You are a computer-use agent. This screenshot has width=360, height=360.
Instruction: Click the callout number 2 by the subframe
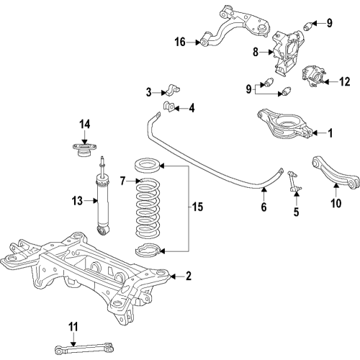click(x=189, y=275)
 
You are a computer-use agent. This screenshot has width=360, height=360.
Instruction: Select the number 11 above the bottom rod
click(x=72, y=328)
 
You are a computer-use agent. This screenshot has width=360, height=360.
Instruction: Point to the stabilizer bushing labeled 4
click(x=171, y=108)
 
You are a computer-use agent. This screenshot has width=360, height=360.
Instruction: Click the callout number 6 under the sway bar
click(x=264, y=207)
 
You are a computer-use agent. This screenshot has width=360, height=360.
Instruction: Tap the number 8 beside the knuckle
click(x=256, y=52)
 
